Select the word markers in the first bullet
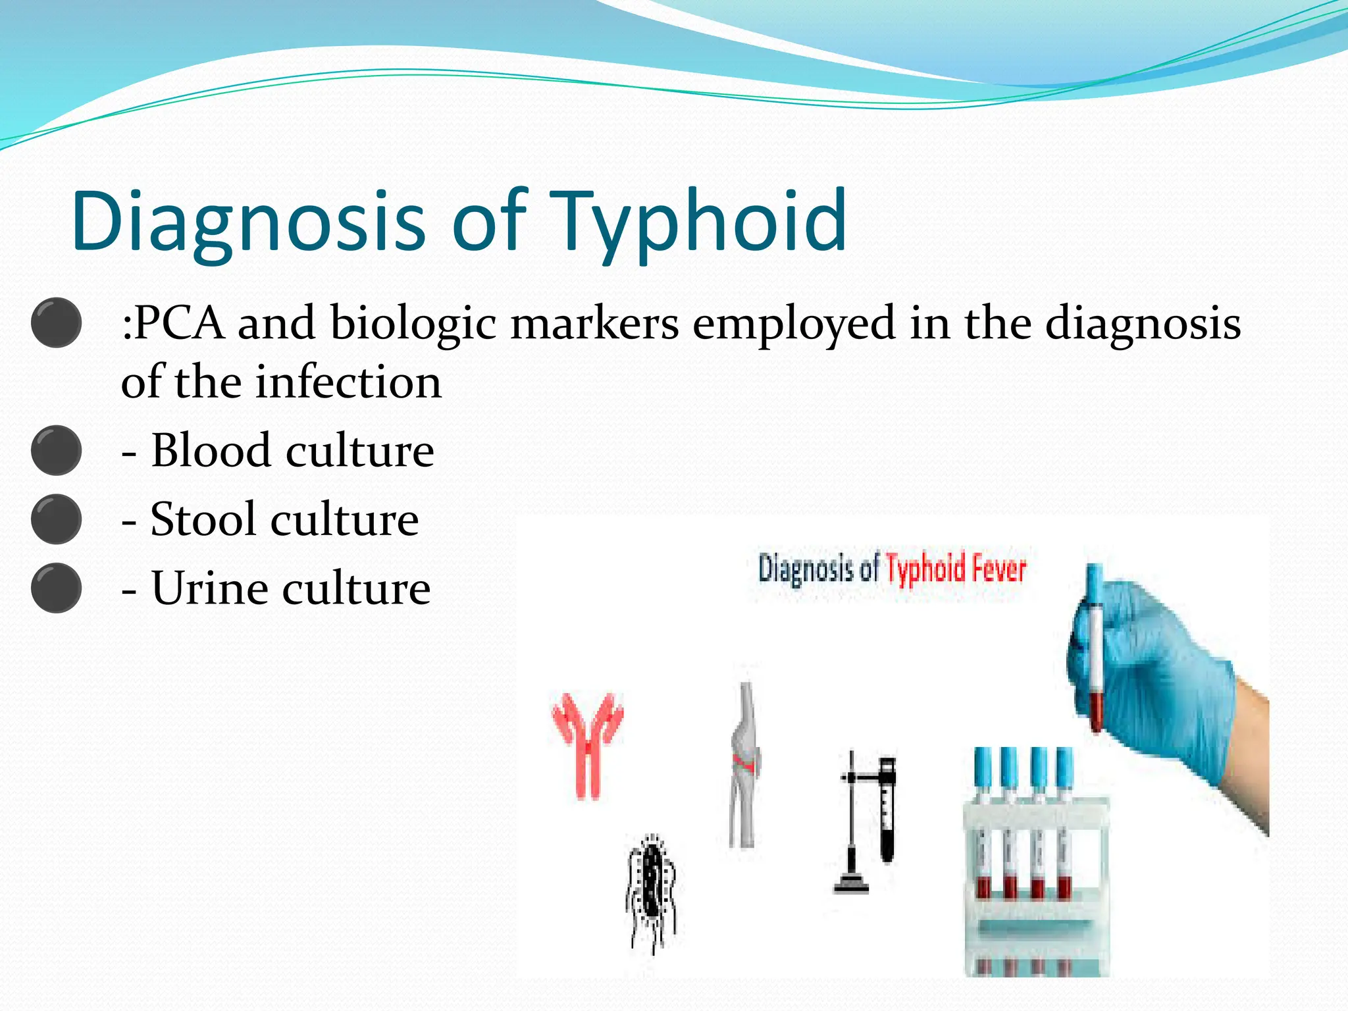click(594, 323)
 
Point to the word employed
click(793, 324)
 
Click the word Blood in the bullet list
click(211, 451)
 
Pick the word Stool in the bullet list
click(203, 519)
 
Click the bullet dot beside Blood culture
click(57, 451)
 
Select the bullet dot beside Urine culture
click(57, 588)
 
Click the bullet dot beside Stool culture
click(57, 519)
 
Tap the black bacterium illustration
click(652, 892)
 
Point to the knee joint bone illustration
click(745, 764)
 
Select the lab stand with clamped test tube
click(868, 823)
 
